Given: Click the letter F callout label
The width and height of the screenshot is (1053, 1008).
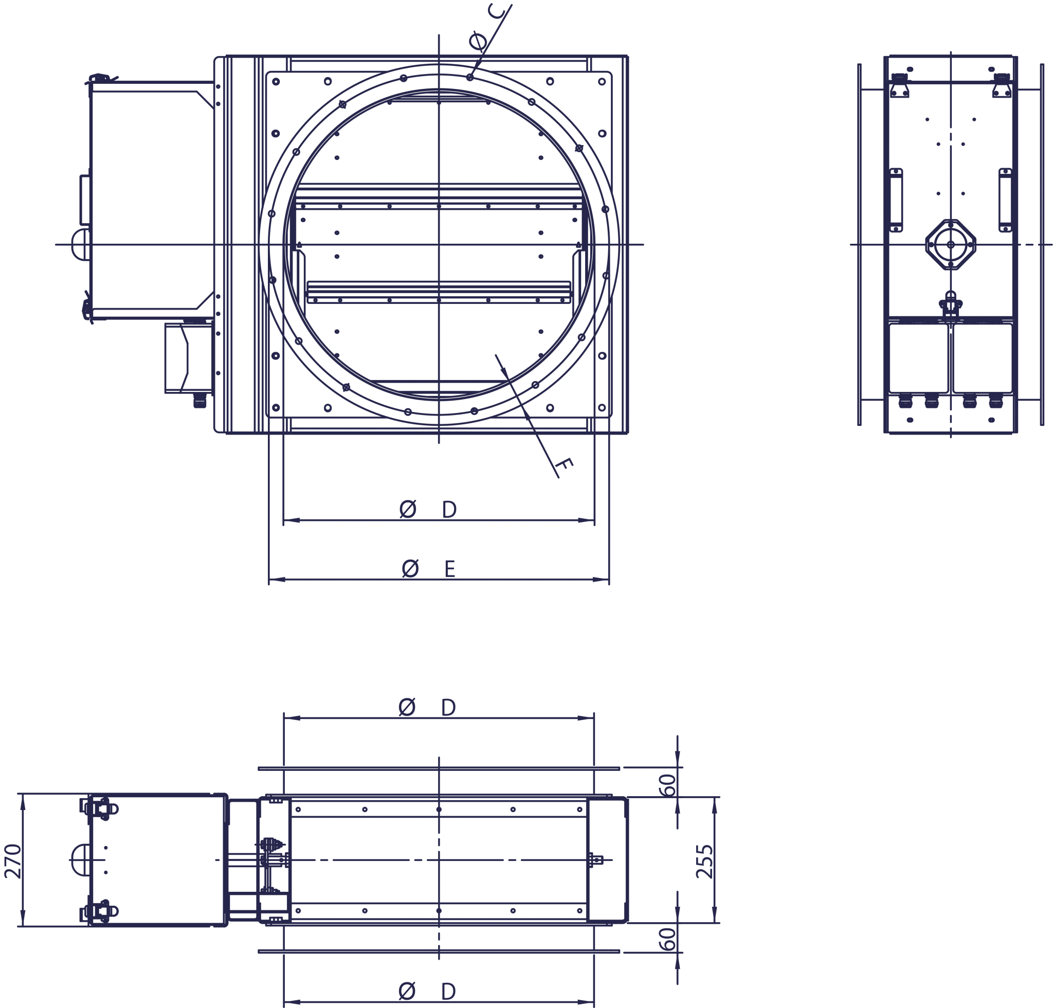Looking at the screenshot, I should point(566,467).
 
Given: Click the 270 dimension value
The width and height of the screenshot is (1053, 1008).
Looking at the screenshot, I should point(13,861).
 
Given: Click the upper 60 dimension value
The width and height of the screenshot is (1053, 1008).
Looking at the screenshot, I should point(668,785).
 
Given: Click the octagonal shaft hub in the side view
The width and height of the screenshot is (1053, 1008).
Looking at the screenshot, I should point(951,244).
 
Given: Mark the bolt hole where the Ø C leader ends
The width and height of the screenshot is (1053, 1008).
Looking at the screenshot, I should point(470,78).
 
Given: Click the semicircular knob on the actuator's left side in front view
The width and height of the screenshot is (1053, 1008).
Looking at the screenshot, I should point(80,244).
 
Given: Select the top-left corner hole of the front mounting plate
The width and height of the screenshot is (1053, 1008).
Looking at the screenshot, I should point(276,82).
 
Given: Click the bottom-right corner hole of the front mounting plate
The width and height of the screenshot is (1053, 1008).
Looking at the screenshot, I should point(602,408).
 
